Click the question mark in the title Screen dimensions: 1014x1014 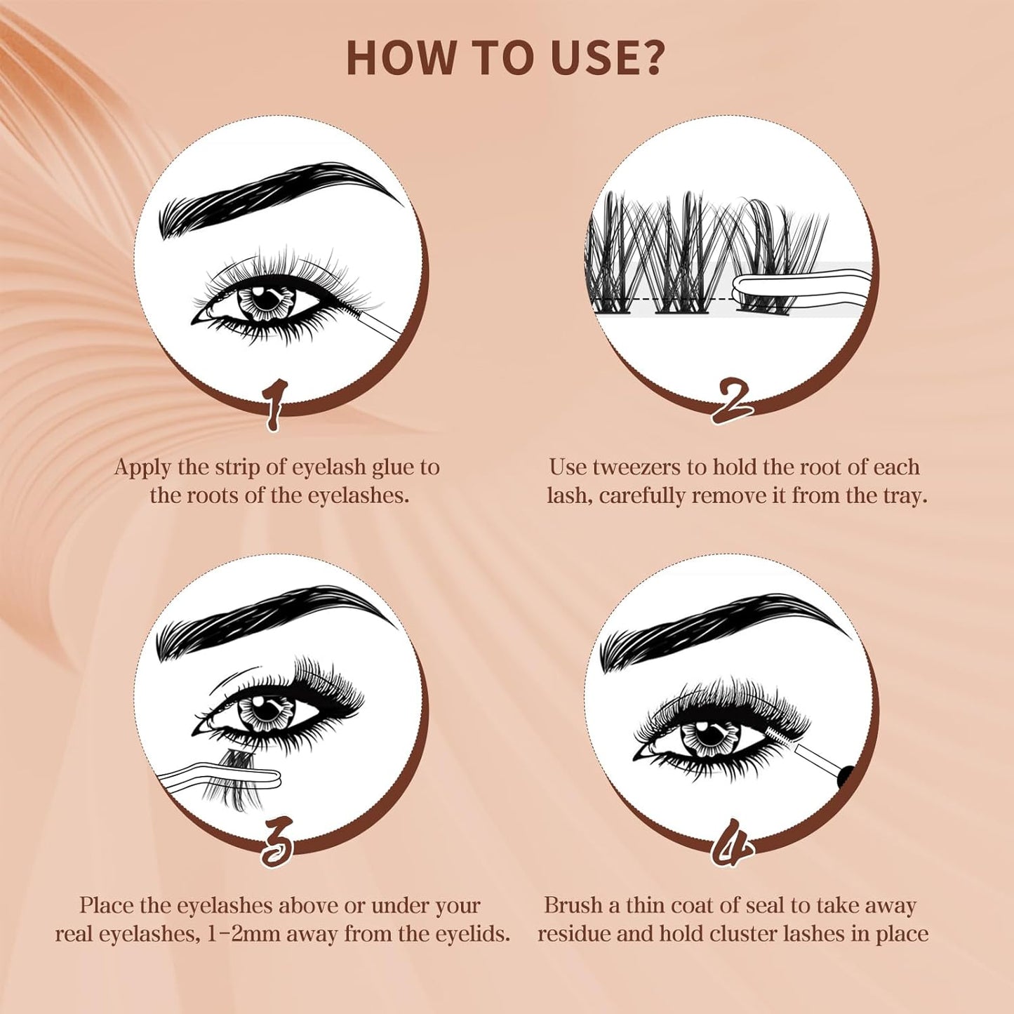point(646,58)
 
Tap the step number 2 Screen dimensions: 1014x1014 point(733,401)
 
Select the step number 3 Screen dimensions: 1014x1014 point(277,842)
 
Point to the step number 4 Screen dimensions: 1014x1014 point(731,842)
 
